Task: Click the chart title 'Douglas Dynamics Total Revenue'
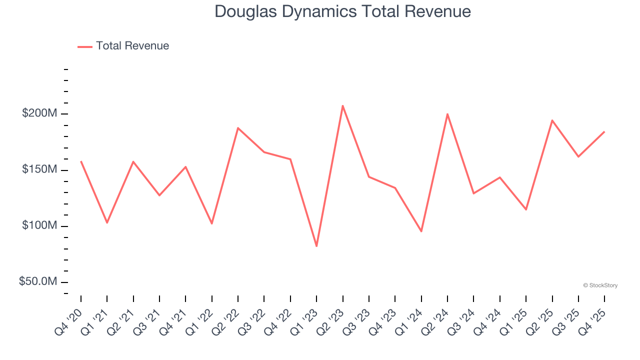click(342, 11)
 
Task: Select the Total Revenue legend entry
click(123, 46)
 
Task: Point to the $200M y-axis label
click(39, 113)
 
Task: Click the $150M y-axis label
click(39, 170)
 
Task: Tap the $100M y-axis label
click(39, 226)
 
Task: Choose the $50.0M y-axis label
click(38, 282)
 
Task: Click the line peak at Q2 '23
click(342, 105)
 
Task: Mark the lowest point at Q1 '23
click(316, 246)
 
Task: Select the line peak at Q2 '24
click(447, 114)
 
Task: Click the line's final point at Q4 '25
click(604, 132)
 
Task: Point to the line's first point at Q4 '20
click(81, 161)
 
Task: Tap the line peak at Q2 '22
click(238, 128)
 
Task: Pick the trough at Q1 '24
click(421, 231)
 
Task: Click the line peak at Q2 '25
click(552, 120)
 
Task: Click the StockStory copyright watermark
click(600, 285)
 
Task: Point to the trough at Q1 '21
click(107, 222)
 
